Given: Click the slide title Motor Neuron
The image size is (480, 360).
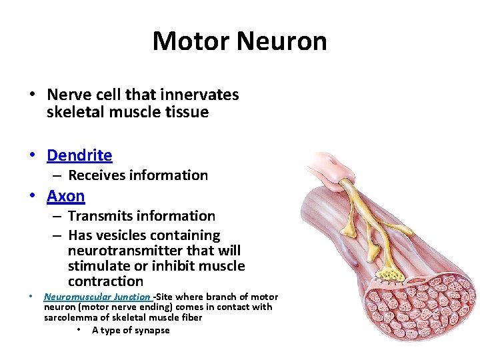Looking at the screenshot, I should coord(239,41).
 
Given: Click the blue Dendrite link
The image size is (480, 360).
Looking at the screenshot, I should coord(79,155).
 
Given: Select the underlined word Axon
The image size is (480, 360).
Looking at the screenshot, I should coord(66,196).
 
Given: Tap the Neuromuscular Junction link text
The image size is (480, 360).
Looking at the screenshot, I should coord(97,297).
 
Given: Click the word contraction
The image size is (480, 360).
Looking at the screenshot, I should coord(105,281).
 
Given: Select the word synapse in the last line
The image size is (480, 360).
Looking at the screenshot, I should coord(152,330).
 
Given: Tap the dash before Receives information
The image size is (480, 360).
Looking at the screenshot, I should coord(57,175).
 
